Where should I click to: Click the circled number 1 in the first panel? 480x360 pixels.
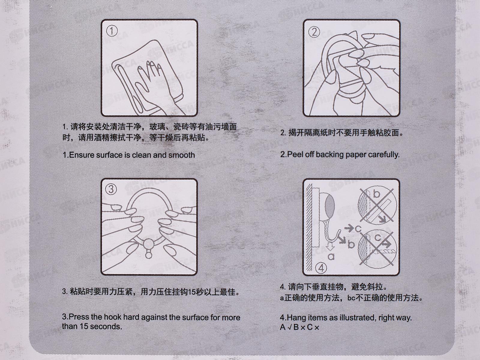tap(112, 31)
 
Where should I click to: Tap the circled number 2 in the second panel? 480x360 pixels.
tap(314, 32)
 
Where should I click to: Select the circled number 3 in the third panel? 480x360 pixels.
tap(111, 189)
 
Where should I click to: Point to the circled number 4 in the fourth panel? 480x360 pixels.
tap(321, 268)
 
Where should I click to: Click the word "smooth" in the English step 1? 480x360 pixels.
tap(181, 155)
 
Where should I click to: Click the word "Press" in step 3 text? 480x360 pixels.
tap(79, 317)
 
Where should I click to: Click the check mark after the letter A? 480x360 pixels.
tap(290, 327)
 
